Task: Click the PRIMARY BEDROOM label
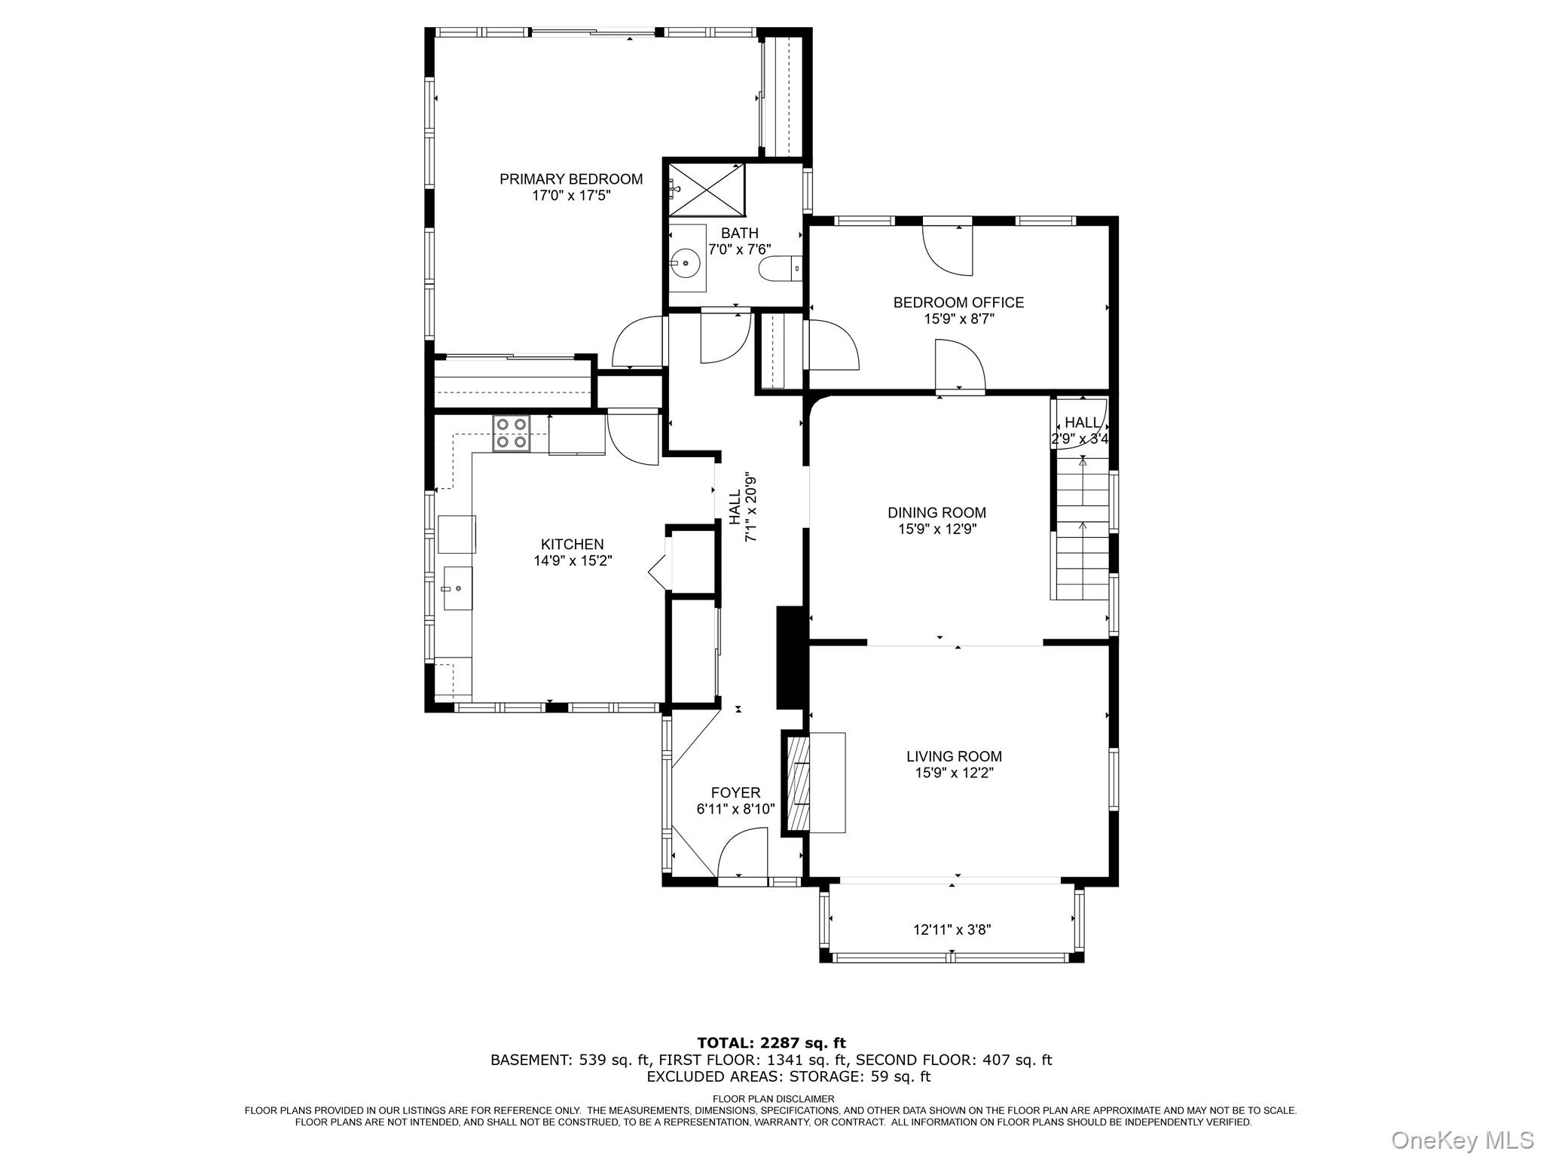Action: coord(571,179)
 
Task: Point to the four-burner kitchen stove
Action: coord(511,434)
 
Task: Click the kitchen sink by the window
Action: coord(457,588)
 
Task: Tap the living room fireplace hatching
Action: coord(797,783)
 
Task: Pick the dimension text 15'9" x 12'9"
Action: coord(936,530)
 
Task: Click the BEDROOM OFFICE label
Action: coord(958,303)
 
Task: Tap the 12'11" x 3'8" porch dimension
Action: coord(952,930)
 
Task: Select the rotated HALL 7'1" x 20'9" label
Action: coord(742,506)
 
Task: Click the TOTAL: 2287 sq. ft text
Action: coord(771,1043)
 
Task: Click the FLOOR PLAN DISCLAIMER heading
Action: coord(773,1099)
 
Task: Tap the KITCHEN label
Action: coord(572,545)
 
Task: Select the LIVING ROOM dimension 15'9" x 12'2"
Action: coord(954,773)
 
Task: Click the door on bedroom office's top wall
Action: coord(949,250)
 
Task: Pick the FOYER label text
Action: coord(735,793)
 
